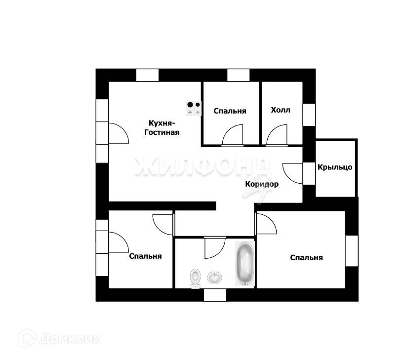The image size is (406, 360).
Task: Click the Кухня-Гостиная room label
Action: coord(161,127)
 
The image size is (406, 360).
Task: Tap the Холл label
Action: coord(281,110)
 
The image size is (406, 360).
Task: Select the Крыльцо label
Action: coord(335,167)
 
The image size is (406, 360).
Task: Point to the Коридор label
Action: coord(262,184)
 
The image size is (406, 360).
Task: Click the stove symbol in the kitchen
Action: coord(194,108)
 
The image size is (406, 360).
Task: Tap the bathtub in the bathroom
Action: coord(244,263)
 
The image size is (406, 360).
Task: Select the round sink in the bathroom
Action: coord(215,278)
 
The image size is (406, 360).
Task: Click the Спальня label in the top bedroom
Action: coord(230,111)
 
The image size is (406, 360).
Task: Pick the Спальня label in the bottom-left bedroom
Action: coord(145,256)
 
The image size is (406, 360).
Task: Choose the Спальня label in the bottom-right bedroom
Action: coord(306,257)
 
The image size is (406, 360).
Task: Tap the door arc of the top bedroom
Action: coord(233,135)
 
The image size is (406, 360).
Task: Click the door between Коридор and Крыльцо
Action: coord(293,173)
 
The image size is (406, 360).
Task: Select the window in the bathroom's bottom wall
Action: coord(215,295)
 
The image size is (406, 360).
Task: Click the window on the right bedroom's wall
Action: coord(352,251)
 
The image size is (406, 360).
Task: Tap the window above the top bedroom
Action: coord(239,75)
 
